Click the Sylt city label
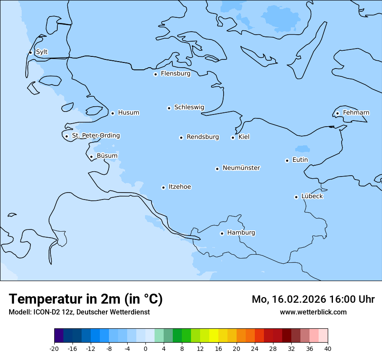[42, 52]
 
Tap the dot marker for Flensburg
[155, 74]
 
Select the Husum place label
[128, 113]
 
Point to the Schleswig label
[189, 107]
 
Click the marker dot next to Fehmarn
[337, 113]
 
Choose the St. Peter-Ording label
[95, 136]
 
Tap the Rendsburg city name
[203, 137]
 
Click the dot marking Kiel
[233, 137]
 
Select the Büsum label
[107, 156]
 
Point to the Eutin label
[300, 160]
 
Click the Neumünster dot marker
[217, 169]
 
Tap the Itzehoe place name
[180, 187]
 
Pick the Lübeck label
[312, 196]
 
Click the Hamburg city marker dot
[222, 233]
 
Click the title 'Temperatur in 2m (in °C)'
[86, 299]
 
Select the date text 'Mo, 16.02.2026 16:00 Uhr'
[313, 299]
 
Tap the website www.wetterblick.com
[313, 312]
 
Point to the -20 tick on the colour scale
[54, 349]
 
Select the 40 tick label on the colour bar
[327, 349]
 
